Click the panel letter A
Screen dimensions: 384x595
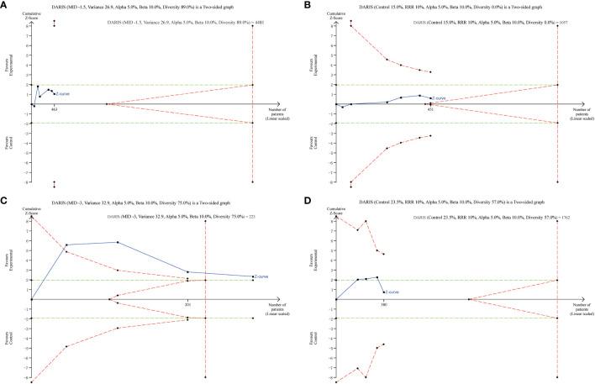[x=4, y=5]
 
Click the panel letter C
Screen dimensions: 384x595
[x=4, y=201]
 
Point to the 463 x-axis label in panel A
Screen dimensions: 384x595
[x=55, y=109]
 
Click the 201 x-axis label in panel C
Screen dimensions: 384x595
[x=188, y=305]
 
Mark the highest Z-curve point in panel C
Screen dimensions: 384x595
[x=118, y=242]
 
